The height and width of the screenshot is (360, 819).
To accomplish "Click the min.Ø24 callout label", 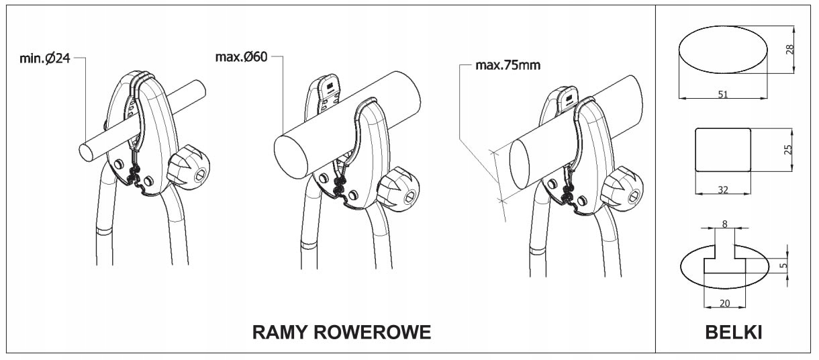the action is [44, 58].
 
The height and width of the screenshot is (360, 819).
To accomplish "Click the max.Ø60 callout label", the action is [242, 56].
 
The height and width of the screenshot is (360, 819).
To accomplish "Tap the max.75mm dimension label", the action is [508, 66].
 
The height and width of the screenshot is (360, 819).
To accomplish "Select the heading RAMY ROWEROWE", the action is [341, 332].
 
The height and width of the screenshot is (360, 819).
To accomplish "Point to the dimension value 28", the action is [789, 48].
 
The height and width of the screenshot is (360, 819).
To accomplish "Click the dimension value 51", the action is [723, 95].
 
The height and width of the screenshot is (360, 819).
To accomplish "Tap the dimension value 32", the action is [723, 190].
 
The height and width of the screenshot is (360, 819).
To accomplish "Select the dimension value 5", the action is [783, 266].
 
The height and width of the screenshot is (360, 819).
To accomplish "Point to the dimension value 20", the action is [724, 303].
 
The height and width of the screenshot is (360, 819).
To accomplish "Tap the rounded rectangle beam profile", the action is [723, 149].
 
